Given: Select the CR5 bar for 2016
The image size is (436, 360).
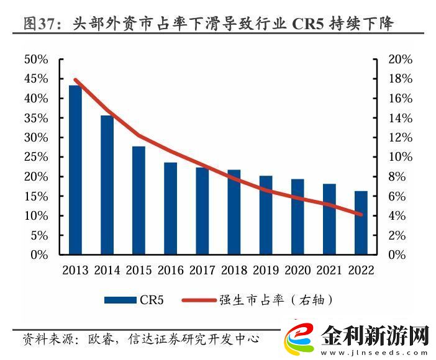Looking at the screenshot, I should pos(170,209).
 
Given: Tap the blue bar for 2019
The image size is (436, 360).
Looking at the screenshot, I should pos(265,215).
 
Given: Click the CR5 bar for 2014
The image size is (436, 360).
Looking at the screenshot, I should pos(107,185).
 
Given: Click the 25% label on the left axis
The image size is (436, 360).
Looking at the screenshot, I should pos(36,157).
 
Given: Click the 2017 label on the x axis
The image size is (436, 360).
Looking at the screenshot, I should pos(202,271).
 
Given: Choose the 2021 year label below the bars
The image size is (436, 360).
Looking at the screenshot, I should pos(329,271).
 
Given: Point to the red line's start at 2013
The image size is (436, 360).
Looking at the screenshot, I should pos(75,79).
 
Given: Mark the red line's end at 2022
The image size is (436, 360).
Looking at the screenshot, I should pos(361,215).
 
